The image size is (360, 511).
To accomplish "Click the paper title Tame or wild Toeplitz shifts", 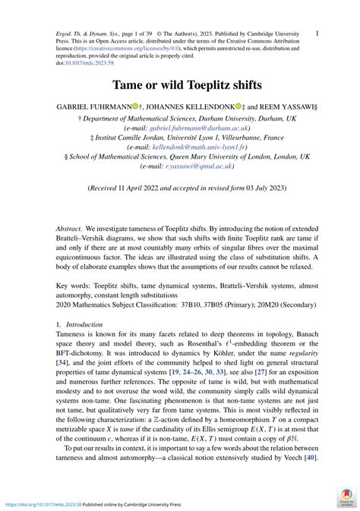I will (x=180, y=85).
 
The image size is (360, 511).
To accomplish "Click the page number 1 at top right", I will (x=316, y=33).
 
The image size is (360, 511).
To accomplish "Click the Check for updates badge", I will (x=346, y=497).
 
